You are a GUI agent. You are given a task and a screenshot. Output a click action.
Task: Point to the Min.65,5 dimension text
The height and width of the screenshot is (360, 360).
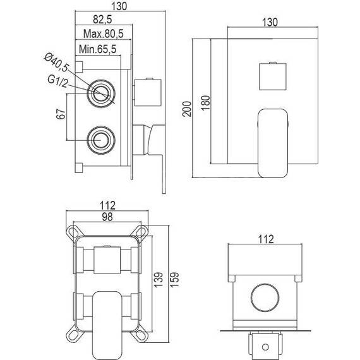pos(95,49)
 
